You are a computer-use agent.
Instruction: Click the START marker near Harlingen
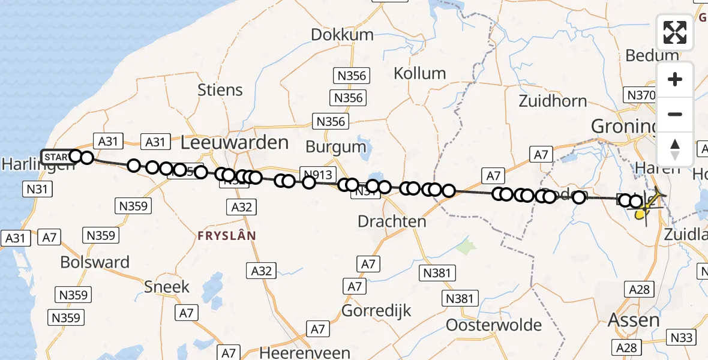tap(56, 157)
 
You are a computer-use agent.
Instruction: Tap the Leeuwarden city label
tap(235, 143)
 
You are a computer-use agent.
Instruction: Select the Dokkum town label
tap(342, 35)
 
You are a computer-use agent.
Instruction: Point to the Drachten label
tap(392, 221)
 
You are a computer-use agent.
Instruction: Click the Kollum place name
tap(419, 74)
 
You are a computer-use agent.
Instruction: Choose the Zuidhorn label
tap(553, 100)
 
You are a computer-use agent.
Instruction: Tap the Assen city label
tap(634, 320)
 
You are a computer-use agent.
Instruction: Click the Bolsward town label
tap(95, 262)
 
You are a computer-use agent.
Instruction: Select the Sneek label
tap(167, 287)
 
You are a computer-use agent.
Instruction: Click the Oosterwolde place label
tap(494, 325)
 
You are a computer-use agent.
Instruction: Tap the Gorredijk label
tap(376, 311)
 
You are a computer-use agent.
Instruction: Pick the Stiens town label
tap(220, 90)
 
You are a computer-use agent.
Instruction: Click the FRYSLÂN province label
tap(227, 236)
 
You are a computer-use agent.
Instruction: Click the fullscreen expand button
tap(675, 32)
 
